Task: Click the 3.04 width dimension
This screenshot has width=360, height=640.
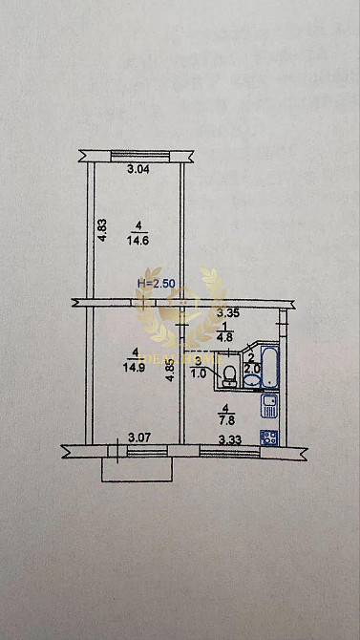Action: pos(138,170)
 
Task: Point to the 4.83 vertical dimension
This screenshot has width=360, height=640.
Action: pos(101,232)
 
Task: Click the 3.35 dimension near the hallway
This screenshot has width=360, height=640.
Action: pos(227,312)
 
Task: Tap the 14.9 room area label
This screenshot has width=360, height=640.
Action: pos(141,364)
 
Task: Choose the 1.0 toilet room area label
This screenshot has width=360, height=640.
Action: pos(199,373)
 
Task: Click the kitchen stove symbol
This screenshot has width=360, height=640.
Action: pos(270,437)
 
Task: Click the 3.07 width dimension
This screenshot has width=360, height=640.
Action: pos(140,438)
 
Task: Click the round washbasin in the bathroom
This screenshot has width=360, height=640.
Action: pos(250,380)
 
